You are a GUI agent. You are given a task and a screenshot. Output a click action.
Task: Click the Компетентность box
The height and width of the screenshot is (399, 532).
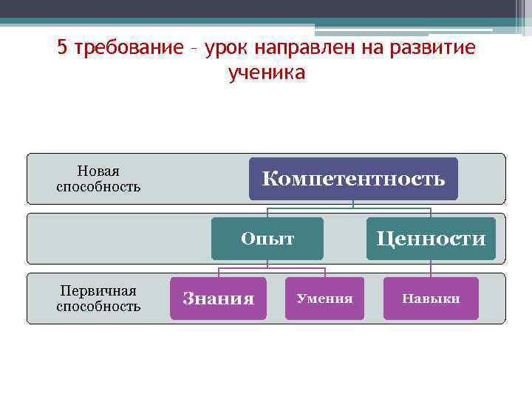(353, 179)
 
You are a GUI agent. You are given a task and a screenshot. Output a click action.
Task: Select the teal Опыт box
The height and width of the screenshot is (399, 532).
(267, 239)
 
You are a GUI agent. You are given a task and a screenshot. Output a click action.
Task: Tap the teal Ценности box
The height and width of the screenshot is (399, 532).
(431, 239)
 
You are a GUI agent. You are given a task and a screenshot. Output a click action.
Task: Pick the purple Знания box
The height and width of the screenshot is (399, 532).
(218, 299)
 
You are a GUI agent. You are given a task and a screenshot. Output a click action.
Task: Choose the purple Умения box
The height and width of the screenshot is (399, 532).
(324, 299)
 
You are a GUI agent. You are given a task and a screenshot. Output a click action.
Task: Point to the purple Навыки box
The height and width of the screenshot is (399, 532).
(431, 299)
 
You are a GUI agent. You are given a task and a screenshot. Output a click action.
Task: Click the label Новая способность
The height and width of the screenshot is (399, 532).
(98, 179)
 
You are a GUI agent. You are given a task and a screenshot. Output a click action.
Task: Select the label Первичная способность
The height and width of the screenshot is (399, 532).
(98, 299)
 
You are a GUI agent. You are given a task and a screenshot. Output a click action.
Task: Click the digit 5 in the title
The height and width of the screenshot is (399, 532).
(62, 48)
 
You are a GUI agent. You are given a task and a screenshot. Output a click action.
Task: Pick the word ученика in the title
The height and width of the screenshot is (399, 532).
(267, 73)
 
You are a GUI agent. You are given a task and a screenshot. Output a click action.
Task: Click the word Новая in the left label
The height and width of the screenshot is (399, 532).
(98, 171)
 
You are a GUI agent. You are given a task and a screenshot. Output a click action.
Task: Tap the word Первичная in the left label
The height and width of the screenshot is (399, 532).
(98, 291)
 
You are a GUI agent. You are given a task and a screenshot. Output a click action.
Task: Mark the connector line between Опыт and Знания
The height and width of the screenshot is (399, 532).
(218, 270)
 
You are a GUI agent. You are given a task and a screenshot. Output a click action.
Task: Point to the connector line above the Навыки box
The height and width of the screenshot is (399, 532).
(431, 269)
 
